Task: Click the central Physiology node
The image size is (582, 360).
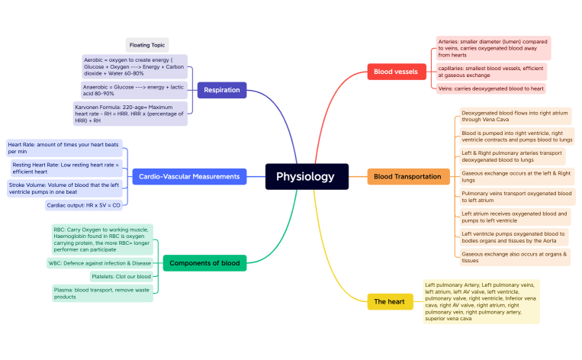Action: (x=306, y=176)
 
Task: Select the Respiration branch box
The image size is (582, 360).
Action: (x=221, y=90)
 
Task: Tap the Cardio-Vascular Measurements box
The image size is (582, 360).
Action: (x=189, y=176)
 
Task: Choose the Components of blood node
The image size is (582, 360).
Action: (x=194, y=263)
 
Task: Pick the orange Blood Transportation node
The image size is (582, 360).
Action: (x=407, y=176)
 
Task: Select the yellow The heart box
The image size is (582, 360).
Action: (x=390, y=302)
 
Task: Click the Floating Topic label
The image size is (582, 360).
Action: (x=146, y=45)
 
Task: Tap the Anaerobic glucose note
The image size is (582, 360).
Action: (x=133, y=90)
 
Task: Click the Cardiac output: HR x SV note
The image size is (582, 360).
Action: (x=83, y=204)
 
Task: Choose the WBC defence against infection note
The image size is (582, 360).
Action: (x=99, y=263)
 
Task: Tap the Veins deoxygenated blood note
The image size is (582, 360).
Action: (x=490, y=88)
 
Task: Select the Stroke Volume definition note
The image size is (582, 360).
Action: (x=64, y=188)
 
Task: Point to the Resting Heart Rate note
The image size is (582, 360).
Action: (x=66, y=168)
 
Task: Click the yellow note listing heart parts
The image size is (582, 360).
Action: (x=481, y=301)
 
